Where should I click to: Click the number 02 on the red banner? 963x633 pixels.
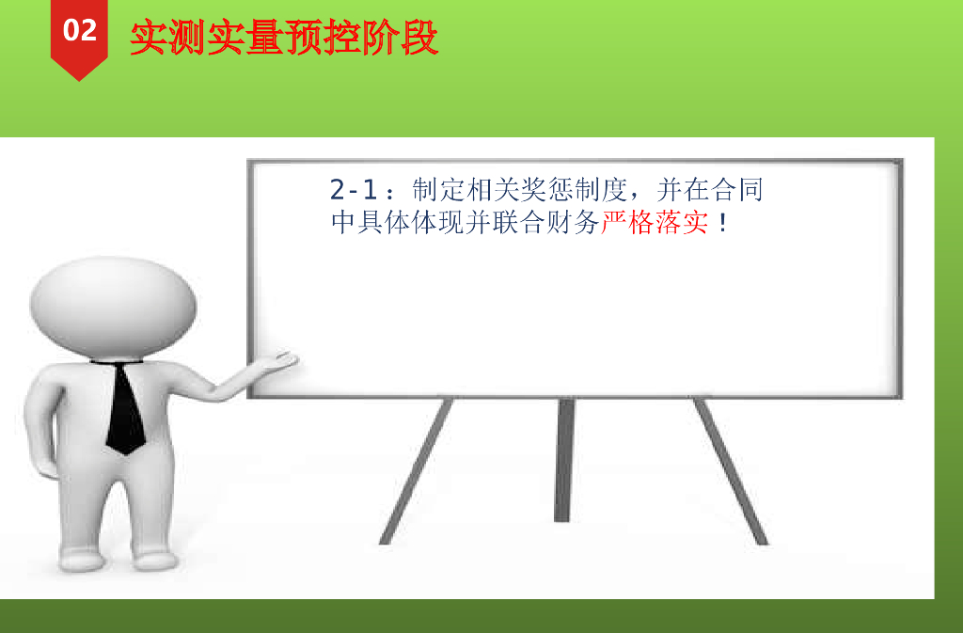pos(80,30)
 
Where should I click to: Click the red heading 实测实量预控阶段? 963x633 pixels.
pos(284,38)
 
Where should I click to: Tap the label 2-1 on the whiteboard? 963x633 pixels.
pos(354,189)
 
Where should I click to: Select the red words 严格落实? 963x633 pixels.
pos(655,222)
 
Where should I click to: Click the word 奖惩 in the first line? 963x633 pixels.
pos(534,190)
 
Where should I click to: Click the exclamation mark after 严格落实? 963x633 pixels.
pos(723,222)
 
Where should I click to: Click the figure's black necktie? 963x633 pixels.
pos(126,408)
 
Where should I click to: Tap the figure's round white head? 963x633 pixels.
pos(113,306)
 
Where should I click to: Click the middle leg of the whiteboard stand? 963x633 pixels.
pos(564,461)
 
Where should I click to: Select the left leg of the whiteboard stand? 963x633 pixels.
pos(416,471)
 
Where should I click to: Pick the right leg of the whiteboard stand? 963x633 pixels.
pos(731,471)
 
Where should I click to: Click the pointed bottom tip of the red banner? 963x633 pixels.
pos(79,81)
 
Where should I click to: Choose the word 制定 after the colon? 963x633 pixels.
pos(438,190)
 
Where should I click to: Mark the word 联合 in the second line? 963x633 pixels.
pos(519,222)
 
